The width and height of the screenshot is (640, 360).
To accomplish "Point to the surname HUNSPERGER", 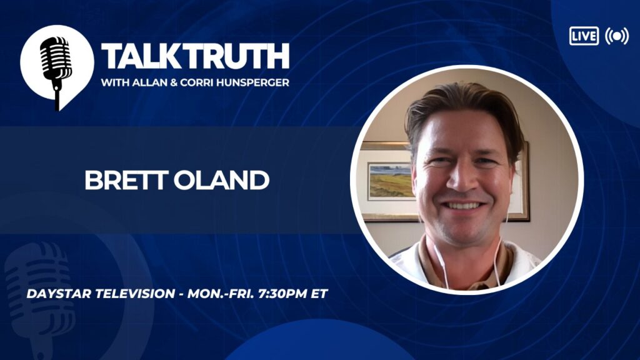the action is pos(253,82).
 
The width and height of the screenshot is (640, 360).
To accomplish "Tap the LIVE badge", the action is pos(584,36).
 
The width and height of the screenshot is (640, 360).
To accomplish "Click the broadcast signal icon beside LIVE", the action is pos(617,36).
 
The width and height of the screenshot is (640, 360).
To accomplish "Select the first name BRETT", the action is pos(126,180).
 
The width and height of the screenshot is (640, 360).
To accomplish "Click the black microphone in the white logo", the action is pos(56,69).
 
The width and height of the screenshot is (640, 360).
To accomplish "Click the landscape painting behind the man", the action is pos(391,181).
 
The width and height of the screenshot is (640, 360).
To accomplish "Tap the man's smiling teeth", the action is pos(462,205).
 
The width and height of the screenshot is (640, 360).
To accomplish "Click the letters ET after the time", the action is pos(319,294).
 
